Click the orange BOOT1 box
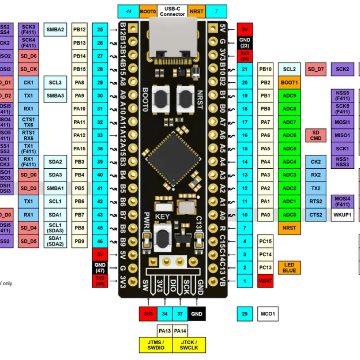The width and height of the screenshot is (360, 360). [289, 83]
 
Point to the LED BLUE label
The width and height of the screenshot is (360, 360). [289, 267]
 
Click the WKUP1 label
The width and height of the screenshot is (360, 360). [342, 215]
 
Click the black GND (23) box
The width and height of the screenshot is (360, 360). [245, 43]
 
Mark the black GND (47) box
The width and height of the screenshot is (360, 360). [100, 268]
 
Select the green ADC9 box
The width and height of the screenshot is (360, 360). [289, 96]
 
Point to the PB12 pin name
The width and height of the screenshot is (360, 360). [79, 30]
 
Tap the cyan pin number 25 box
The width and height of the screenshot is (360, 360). [100, 30]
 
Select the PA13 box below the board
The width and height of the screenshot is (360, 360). [165, 331]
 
